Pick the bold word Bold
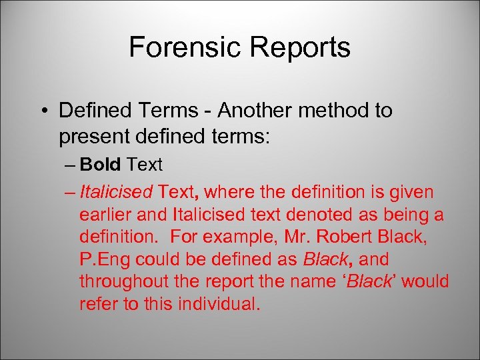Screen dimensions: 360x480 (101, 163)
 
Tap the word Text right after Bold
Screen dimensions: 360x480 (145, 163)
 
